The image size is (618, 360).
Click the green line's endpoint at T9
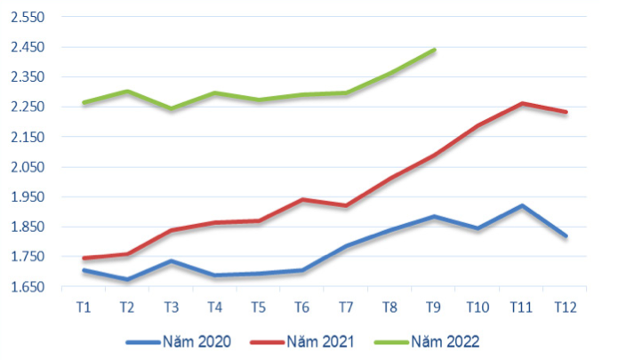click(434, 50)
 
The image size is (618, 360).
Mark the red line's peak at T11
click(522, 103)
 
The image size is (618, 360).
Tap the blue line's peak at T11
click(522, 206)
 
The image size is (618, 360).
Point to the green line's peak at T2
click(127, 91)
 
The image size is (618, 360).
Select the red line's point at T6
click(302, 199)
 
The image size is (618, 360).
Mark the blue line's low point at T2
click(127, 280)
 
